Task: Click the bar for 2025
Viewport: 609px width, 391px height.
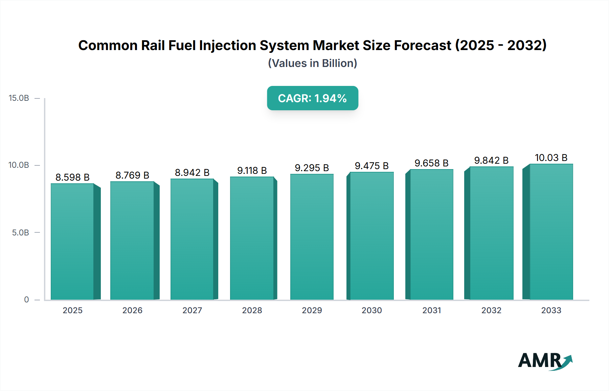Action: click(x=72, y=241)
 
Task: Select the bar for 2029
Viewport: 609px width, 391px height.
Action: click(x=312, y=237)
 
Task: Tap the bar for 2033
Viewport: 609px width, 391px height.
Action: click(x=551, y=232)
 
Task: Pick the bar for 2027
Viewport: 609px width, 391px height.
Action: click(x=192, y=239)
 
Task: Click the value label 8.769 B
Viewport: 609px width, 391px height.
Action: click(x=132, y=175)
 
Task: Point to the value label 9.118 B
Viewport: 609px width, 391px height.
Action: click(x=252, y=170)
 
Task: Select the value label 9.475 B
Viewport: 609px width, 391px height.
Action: click(x=371, y=166)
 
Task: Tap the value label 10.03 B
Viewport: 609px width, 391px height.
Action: click(x=551, y=158)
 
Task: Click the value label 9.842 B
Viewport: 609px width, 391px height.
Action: click(x=491, y=160)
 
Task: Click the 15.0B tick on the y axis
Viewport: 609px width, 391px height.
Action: click(x=19, y=98)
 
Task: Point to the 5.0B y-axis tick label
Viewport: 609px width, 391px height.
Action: click(x=20, y=233)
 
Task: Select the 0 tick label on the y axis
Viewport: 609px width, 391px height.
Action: click(x=26, y=300)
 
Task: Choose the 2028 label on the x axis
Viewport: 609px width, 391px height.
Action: click(x=252, y=310)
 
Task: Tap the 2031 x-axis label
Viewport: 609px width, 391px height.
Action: click(x=431, y=310)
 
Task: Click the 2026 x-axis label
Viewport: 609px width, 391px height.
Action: click(x=132, y=310)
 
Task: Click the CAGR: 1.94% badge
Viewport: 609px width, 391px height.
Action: click(x=312, y=98)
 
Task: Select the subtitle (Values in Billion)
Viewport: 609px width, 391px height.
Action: click(x=312, y=63)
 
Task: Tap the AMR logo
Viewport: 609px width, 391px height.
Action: click(x=545, y=361)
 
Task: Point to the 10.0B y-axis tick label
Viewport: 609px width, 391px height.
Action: click(x=19, y=165)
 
